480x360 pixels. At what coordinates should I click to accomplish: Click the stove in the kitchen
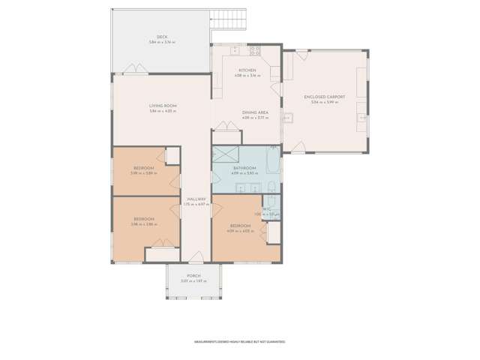tap(254, 51)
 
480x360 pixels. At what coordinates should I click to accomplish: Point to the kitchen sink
tap(235, 50)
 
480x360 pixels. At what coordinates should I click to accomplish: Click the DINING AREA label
tap(255, 112)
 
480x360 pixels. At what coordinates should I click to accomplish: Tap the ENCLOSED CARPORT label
tap(325, 97)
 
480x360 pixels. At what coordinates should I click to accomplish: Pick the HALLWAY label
tap(196, 199)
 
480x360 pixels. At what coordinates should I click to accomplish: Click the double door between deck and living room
tap(136, 73)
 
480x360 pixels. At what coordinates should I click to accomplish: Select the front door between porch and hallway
tap(196, 259)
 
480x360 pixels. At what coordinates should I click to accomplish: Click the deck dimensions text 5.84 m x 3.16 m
tap(161, 42)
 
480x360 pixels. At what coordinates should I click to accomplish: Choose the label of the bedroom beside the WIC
tap(240, 226)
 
